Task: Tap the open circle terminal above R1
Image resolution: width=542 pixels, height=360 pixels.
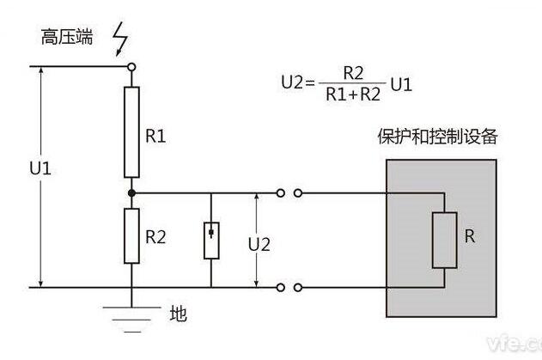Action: (131, 66)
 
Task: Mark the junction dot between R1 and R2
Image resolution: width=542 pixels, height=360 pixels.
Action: (131, 193)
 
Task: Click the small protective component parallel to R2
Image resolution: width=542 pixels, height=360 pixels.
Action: (210, 241)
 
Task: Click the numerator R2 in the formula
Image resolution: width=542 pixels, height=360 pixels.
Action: (350, 71)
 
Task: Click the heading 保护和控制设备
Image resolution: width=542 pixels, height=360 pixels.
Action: (437, 137)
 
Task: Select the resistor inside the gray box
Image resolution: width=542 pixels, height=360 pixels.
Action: (442, 239)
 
